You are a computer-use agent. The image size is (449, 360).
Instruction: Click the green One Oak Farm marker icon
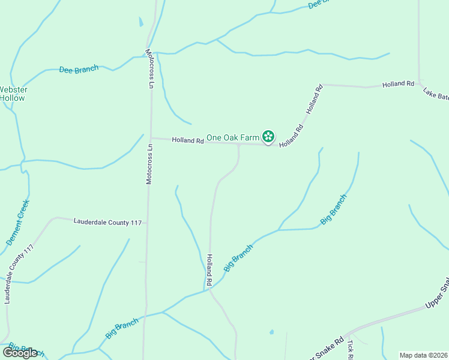(268, 137)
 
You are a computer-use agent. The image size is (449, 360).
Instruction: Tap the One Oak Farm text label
(232, 137)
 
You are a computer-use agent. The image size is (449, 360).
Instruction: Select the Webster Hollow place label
(13, 94)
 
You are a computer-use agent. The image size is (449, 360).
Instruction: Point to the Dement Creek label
(18, 223)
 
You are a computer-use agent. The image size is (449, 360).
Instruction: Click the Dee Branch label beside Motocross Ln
(79, 70)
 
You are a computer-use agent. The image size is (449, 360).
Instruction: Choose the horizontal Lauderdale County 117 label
(107, 222)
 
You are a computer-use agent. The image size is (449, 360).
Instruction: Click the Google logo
(20, 352)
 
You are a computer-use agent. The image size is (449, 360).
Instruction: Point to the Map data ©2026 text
(423, 355)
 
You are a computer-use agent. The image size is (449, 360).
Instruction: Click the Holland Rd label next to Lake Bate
(398, 85)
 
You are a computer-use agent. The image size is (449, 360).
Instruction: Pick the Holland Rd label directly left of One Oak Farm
(188, 140)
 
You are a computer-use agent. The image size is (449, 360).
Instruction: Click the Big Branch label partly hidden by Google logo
(27, 350)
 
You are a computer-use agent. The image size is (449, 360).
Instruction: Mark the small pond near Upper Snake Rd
(272, 332)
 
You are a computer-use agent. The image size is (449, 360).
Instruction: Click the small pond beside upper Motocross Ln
(141, 22)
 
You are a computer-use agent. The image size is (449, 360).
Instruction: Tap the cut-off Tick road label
(349, 347)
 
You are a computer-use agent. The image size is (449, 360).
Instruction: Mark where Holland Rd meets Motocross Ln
(150, 138)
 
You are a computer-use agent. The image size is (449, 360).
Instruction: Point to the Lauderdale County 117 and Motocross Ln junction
(147, 223)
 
